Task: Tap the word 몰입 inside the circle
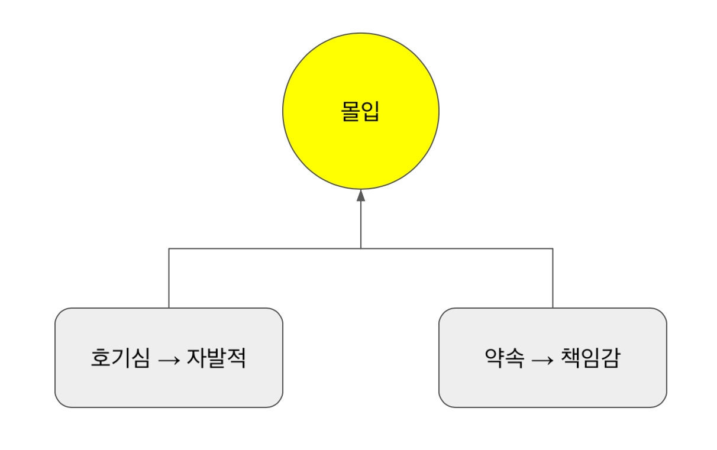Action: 360,112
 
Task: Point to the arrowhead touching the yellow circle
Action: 361,196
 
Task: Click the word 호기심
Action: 120,358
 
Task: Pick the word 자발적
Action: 217,358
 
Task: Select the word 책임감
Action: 589,358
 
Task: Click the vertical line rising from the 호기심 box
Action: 169,278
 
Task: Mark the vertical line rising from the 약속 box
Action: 553,278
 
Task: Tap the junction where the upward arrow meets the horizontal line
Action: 361,248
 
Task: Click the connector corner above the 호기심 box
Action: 169,248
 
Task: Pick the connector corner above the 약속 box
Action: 553,248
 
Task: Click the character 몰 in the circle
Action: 351,112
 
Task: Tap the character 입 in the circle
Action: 370,112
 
